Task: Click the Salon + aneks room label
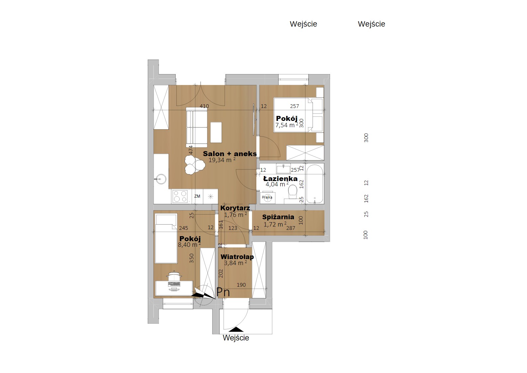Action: (229, 154)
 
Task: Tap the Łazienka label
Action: (280, 179)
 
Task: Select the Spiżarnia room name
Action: (278, 217)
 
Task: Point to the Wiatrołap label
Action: (237, 257)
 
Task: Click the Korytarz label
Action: (235, 208)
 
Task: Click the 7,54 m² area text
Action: (287, 125)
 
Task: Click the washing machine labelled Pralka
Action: (267, 197)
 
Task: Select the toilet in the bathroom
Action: (293, 192)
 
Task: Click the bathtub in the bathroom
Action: (314, 184)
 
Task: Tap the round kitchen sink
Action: (161, 179)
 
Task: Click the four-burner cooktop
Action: (180, 196)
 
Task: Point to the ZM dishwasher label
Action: (197, 196)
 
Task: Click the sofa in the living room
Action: (197, 127)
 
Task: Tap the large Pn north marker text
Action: (223, 292)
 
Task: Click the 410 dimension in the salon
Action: (204, 106)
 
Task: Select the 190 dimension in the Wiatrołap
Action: (241, 285)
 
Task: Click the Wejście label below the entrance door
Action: (236, 338)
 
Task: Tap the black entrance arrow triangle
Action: (236, 329)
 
